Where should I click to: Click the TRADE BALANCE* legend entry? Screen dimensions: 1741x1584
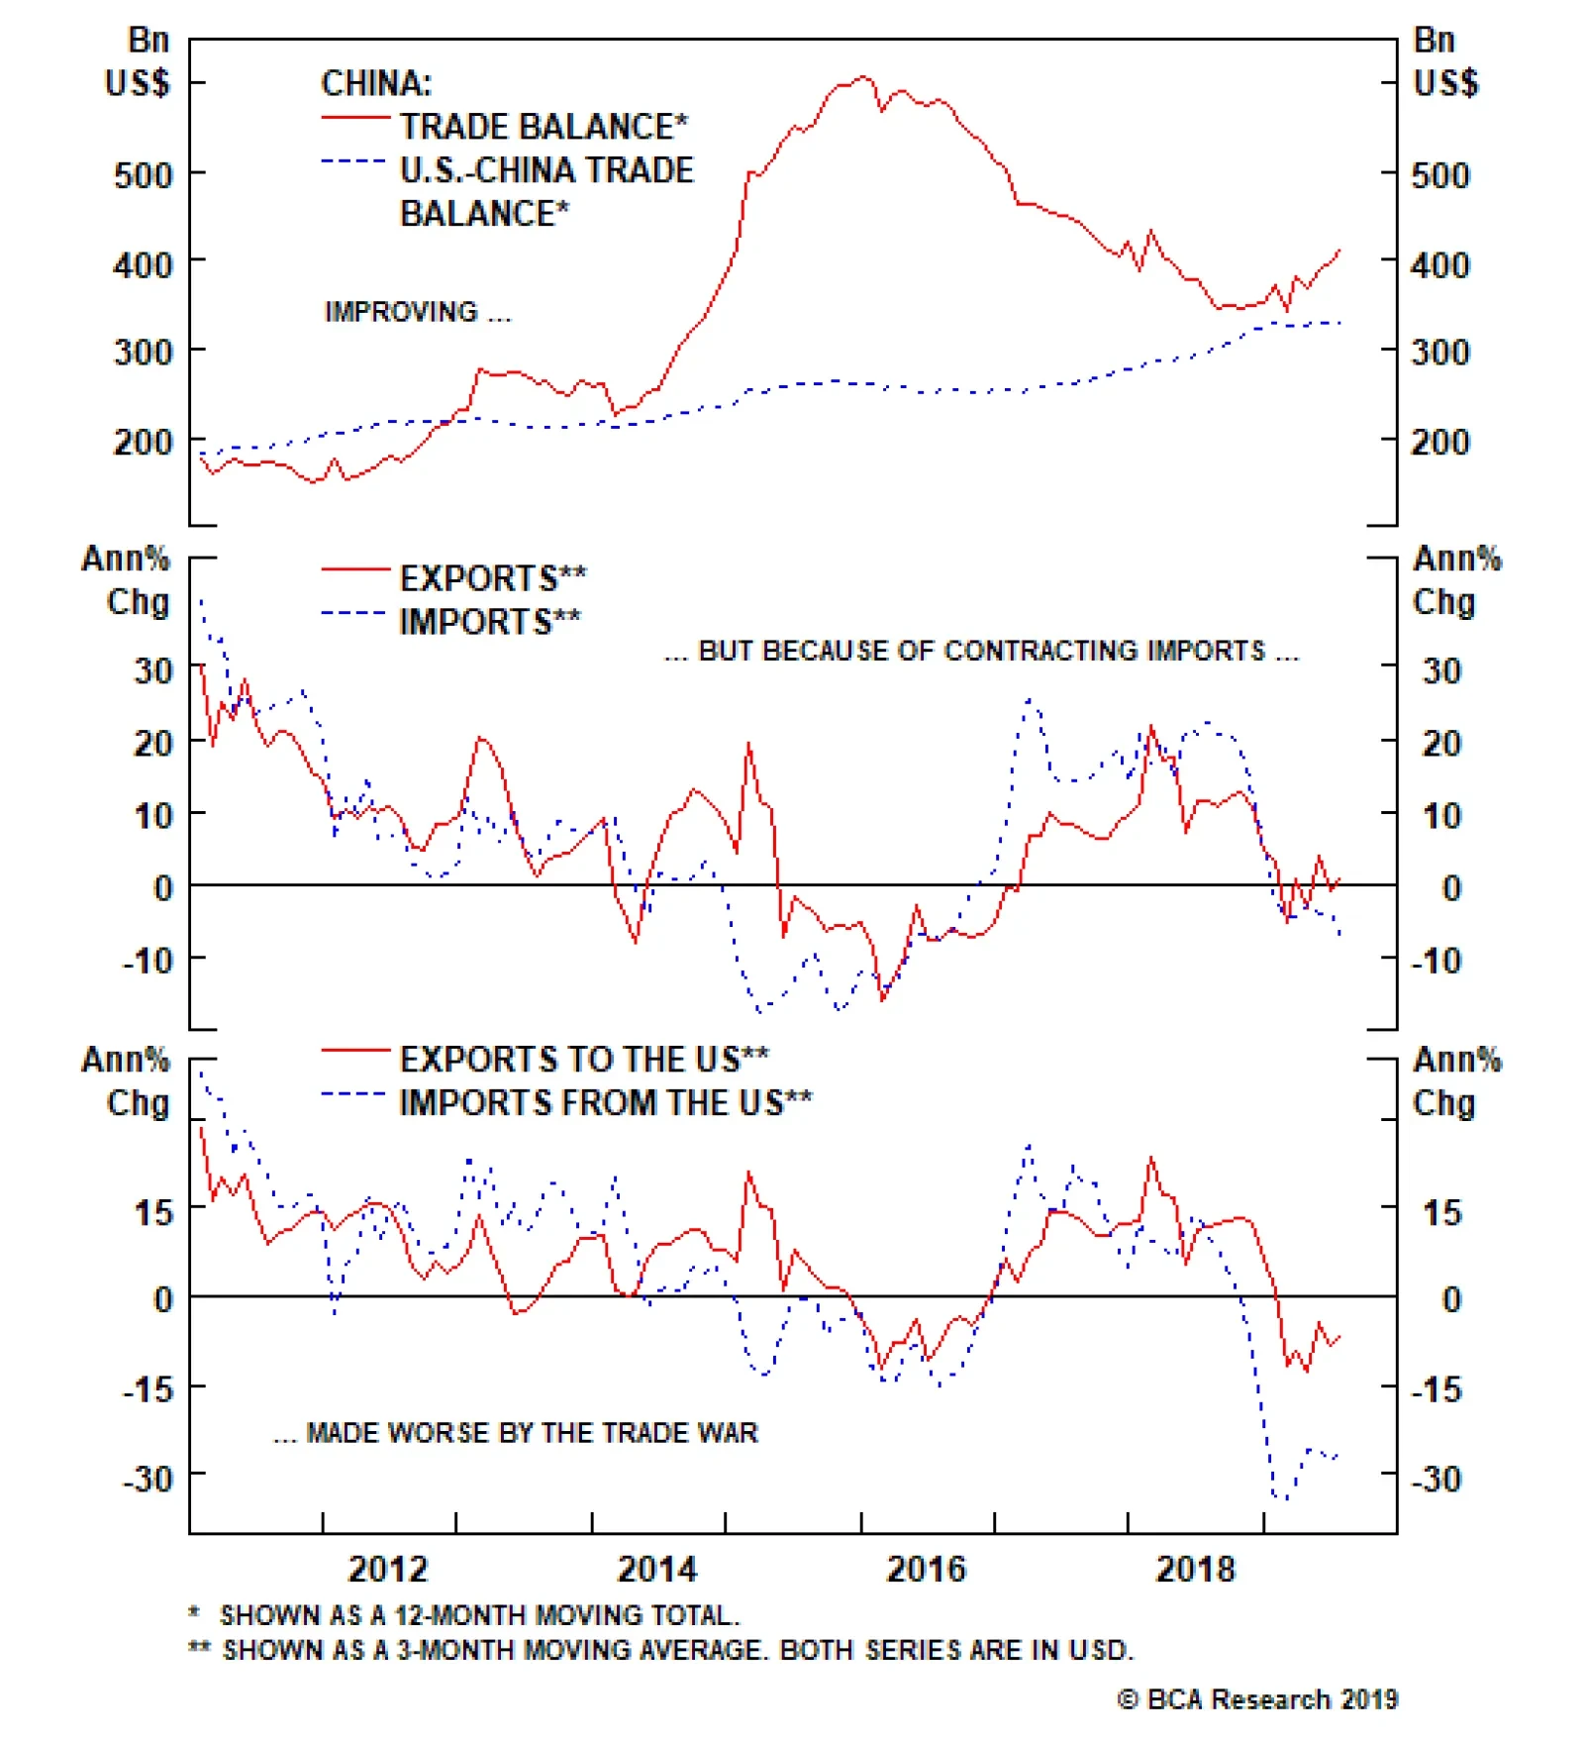pyautogui.click(x=543, y=127)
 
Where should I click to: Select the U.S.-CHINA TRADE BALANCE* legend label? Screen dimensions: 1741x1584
pyautogui.click(x=546, y=191)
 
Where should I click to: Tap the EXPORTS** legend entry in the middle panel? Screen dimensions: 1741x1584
pyautogui.click(x=492, y=578)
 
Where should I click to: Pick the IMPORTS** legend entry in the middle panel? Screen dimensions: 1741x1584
pyautogui.click(x=489, y=622)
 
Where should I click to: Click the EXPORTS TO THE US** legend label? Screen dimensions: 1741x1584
pyautogui.click(x=584, y=1060)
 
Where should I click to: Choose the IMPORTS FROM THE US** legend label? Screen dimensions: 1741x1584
pyautogui.click(x=605, y=1102)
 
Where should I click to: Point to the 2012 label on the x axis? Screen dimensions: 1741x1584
pyautogui.click(x=388, y=1569)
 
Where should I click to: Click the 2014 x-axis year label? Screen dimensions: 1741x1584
pyautogui.click(x=657, y=1569)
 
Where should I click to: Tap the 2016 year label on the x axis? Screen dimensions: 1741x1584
pyautogui.click(x=926, y=1569)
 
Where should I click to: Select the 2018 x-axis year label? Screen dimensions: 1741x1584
pyautogui.click(x=1195, y=1569)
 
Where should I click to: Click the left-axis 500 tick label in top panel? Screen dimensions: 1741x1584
pyautogui.click(x=143, y=176)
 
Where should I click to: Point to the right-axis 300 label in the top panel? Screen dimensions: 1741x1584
pyautogui.click(x=1440, y=353)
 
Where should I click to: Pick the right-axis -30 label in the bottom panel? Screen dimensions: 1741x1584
pyautogui.click(x=1436, y=1479)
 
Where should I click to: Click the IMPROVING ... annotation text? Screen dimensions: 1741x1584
pyautogui.click(x=418, y=312)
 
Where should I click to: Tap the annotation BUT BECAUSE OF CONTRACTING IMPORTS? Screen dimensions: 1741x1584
pyautogui.click(x=981, y=651)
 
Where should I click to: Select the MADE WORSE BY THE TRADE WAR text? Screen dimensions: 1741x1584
pyautogui.click(x=516, y=1433)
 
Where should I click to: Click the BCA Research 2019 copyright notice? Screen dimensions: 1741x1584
pyautogui.click(x=1257, y=1699)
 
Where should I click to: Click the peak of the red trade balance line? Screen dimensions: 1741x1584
pyautogui.click(x=863, y=76)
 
